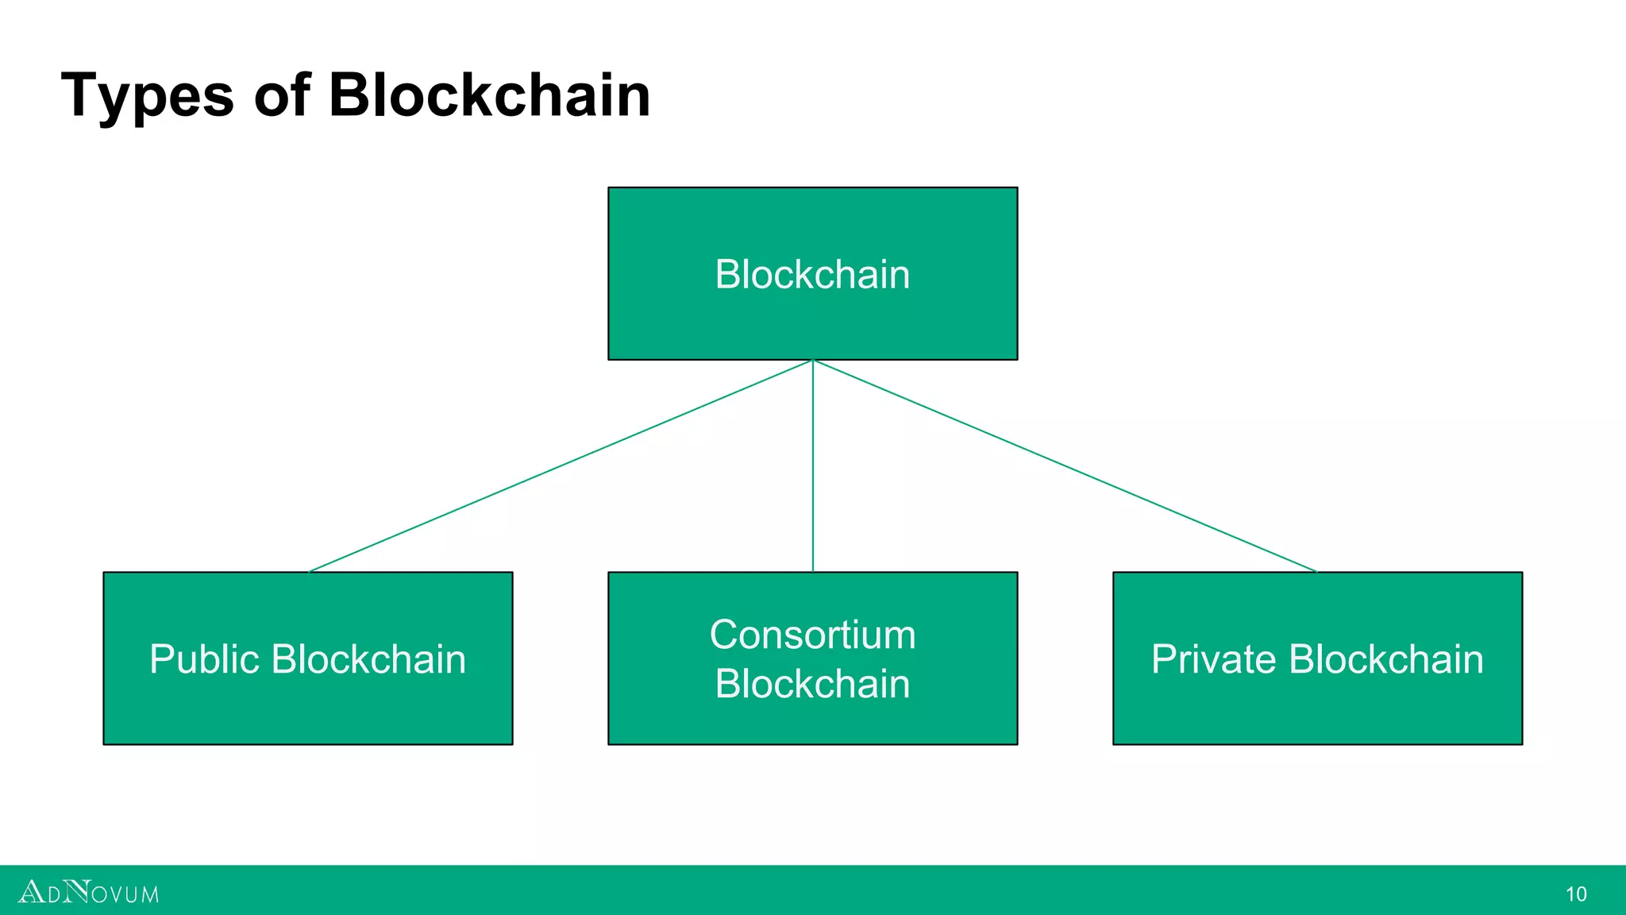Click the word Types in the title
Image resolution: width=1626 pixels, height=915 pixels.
coord(147,96)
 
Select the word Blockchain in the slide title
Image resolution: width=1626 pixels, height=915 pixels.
coord(489,95)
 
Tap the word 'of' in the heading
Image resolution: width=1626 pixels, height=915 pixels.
coord(281,95)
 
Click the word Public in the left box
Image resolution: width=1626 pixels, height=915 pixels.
coord(204,659)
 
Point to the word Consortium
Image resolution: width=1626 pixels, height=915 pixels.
coord(812,635)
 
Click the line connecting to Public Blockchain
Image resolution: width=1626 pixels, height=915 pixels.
coord(560,466)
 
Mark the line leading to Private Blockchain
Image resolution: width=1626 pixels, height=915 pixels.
coord(1065,466)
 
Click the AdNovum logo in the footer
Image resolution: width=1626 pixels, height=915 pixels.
coord(88,892)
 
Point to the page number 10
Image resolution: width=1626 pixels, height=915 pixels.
coord(1576,894)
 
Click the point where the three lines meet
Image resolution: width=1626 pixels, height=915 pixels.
coord(812,361)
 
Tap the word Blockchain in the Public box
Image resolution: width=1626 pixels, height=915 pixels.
coord(368,659)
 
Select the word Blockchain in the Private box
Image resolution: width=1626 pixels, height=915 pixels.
coord(1385,659)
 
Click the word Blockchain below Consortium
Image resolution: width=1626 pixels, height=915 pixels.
coord(812,684)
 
